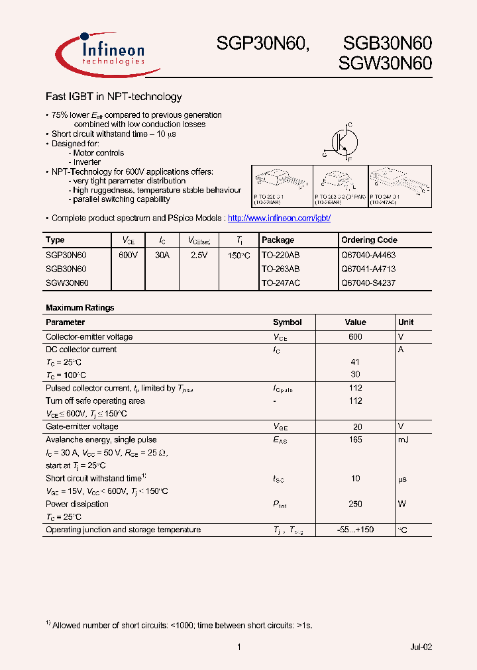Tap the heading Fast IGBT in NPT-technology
113,97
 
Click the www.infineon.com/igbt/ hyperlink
278,218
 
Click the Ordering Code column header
369,240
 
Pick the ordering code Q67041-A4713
368,269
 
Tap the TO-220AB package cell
280,254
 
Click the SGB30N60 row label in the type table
66,269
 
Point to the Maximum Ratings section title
79,308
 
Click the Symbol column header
287,322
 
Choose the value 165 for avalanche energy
355,440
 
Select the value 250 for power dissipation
355,504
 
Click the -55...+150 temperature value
355,530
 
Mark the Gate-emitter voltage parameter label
82,426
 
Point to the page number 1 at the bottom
238,647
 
